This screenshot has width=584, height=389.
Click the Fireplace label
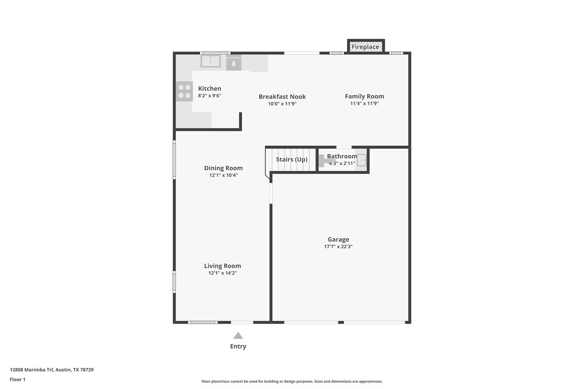coord(365,47)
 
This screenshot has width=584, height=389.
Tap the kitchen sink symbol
coord(210,61)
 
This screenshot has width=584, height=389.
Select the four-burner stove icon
coord(184,91)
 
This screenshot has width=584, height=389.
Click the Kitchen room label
coord(210,89)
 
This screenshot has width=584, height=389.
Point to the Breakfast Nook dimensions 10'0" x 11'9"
coord(282,104)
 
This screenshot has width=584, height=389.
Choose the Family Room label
coord(364,96)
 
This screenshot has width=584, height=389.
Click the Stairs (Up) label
coord(292,159)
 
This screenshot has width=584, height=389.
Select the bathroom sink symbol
coord(361,160)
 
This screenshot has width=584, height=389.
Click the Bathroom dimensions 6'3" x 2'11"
coord(342,163)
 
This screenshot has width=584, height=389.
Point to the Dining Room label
coord(224,168)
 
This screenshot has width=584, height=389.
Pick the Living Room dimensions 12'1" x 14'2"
coord(223,273)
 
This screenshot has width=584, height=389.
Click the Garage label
coord(338,240)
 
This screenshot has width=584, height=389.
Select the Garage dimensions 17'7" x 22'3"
coord(338,247)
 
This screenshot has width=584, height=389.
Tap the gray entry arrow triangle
coord(238,335)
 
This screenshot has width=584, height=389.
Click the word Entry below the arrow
coord(238,346)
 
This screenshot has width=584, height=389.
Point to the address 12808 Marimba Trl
coord(32,370)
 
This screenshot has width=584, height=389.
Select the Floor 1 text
coord(18,379)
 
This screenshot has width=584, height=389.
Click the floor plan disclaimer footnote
coord(292,381)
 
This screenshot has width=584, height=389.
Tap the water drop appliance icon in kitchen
coord(234,63)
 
